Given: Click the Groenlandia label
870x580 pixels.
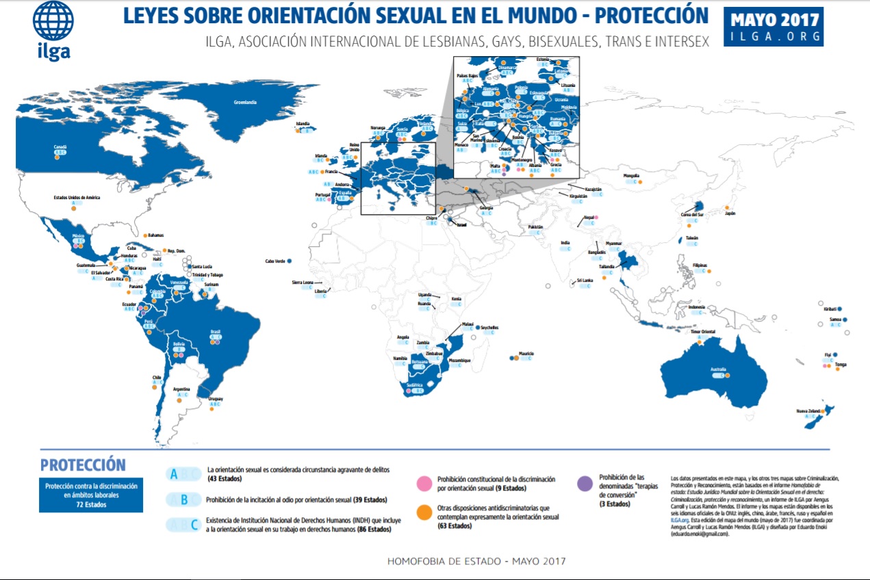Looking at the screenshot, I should (x=244, y=103).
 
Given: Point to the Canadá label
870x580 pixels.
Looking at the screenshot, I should (x=60, y=146).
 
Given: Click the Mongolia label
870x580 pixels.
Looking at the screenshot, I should (x=632, y=176).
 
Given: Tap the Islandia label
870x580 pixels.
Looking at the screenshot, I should (x=302, y=124).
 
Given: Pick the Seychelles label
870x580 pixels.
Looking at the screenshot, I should (x=489, y=328).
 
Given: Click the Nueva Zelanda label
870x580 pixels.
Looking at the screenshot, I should (x=808, y=410).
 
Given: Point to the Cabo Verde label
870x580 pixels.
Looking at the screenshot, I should (x=275, y=261).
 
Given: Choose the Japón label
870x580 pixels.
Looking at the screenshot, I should (x=730, y=213).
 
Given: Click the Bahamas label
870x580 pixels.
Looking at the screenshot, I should (x=156, y=235).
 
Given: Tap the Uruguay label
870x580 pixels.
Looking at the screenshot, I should (x=214, y=398).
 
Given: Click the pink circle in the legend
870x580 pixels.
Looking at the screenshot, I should (x=423, y=484).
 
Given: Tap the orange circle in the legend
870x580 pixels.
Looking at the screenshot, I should (x=423, y=513).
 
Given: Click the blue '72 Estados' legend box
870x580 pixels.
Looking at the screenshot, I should (x=91, y=495).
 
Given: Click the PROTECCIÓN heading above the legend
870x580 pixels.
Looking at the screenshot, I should (x=83, y=465).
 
